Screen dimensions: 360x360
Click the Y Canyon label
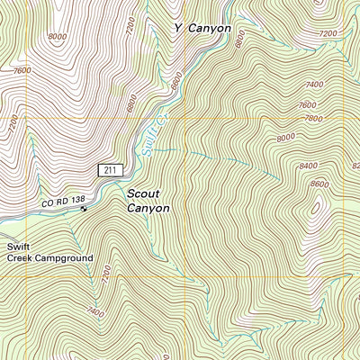tap(202, 28)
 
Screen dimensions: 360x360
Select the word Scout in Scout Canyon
tap(145, 193)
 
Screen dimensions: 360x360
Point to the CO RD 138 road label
tap(63, 202)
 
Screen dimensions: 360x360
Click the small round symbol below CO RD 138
tap(84, 209)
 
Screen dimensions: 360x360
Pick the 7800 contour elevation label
tap(313, 118)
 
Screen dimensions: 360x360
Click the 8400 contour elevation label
tap(309, 166)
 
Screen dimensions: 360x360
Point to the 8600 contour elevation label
tap(319, 184)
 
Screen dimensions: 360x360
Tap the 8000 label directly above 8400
tap(287, 137)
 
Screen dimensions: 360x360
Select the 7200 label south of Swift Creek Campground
tap(107, 271)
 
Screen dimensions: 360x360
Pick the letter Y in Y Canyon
tap(178, 28)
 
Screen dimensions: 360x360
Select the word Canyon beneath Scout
tap(148, 208)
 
